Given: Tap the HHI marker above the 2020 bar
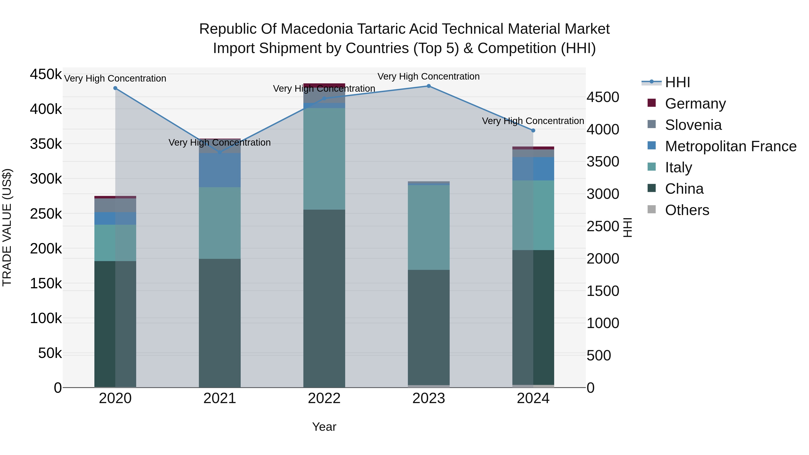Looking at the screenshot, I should (115, 88).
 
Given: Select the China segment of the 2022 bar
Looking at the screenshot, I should (324, 298).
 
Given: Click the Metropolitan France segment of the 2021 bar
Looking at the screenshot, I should (220, 170).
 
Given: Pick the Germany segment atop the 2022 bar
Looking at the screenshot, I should (324, 85).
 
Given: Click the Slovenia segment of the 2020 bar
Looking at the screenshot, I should (115, 205).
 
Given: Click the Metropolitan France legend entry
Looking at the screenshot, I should (731, 146).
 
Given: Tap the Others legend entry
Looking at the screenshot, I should (687, 210).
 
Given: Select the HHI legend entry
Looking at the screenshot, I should (677, 82).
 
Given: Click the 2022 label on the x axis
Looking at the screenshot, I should (324, 398).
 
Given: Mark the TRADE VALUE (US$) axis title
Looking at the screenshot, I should (7, 227).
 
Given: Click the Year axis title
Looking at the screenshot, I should (324, 427).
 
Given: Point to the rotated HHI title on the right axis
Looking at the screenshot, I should (627, 227).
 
